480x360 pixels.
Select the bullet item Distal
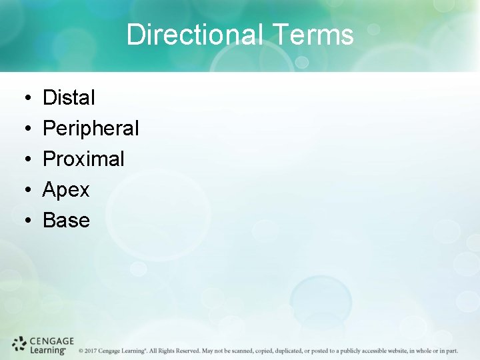click(69, 98)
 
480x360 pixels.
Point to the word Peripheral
click(91, 129)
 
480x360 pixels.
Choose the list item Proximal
click(83, 159)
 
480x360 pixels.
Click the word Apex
click(66, 190)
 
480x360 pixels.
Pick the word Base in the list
click(66, 221)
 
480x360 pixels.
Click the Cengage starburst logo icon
click(19, 344)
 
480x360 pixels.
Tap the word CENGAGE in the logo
click(52, 340)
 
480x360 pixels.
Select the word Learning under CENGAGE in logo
click(47, 349)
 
